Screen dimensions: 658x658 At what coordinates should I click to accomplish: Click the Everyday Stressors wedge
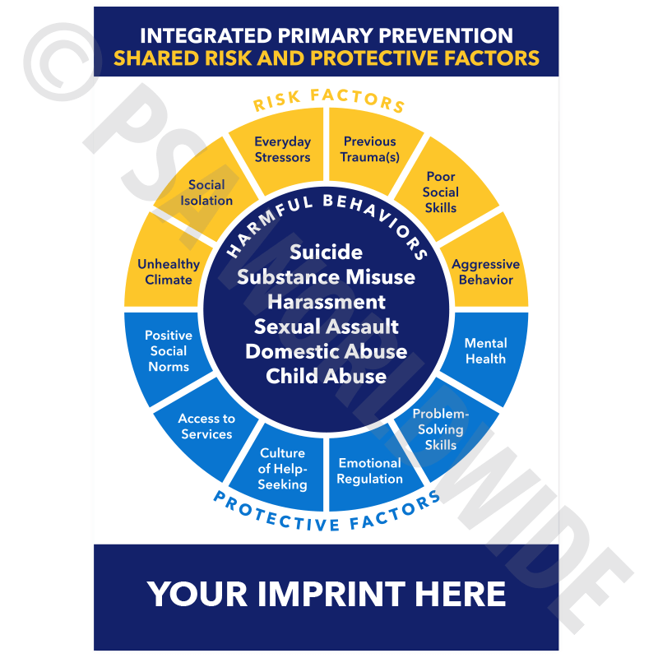click(282, 150)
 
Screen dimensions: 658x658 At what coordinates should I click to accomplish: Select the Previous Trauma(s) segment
click(370, 150)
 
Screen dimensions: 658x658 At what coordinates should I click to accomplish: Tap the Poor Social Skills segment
click(441, 192)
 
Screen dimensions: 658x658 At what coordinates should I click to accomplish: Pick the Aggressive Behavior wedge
click(485, 272)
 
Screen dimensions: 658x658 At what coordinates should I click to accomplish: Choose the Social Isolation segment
click(206, 192)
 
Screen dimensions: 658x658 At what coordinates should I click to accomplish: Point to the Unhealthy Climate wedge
click(168, 272)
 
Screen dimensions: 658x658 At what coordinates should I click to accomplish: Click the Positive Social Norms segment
click(169, 351)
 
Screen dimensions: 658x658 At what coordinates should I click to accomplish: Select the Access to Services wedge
click(206, 426)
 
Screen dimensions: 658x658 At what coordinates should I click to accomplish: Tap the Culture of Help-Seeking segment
click(282, 469)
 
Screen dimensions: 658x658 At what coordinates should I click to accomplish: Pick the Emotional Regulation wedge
click(370, 471)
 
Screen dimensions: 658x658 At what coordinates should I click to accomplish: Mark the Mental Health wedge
click(485, 351)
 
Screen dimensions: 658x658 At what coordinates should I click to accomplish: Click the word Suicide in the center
click(326, 252)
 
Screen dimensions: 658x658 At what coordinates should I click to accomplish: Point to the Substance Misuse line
click(326, 276)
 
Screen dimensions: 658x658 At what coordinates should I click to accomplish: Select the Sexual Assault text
click(326, 327)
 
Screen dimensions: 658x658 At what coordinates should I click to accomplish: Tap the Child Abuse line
click(326, 376)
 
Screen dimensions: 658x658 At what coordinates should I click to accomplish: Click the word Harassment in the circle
click(326, 302)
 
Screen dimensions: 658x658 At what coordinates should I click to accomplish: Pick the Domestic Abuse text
click(326, 351)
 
